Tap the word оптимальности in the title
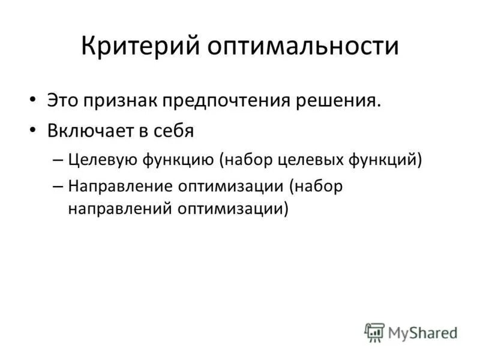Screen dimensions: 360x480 click(x=304, y=46)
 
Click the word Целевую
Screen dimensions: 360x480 click(x=102, y=160)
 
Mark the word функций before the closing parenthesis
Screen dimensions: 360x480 click(x=388, y=160)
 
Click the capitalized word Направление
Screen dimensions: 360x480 click(x=119, y=187)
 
